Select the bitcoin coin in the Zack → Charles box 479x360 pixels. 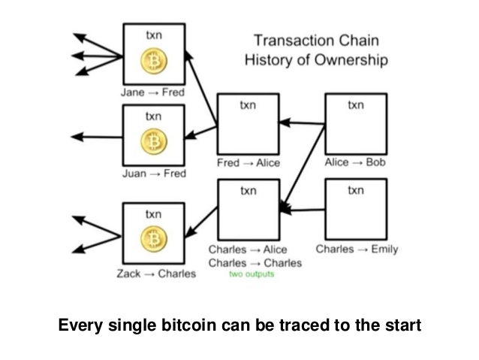click(153, 240)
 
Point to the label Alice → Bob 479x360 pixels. click(354, 162)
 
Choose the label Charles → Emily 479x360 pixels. click(357, 249)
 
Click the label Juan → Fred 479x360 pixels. click(152, 174)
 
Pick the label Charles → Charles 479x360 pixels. click(255, 263)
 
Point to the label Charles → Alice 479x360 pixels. click(247, 250)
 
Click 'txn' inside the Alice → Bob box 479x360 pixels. click(355, 106)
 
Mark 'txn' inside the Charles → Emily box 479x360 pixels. click(355, 192)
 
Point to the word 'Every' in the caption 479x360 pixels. click(79, 327)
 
